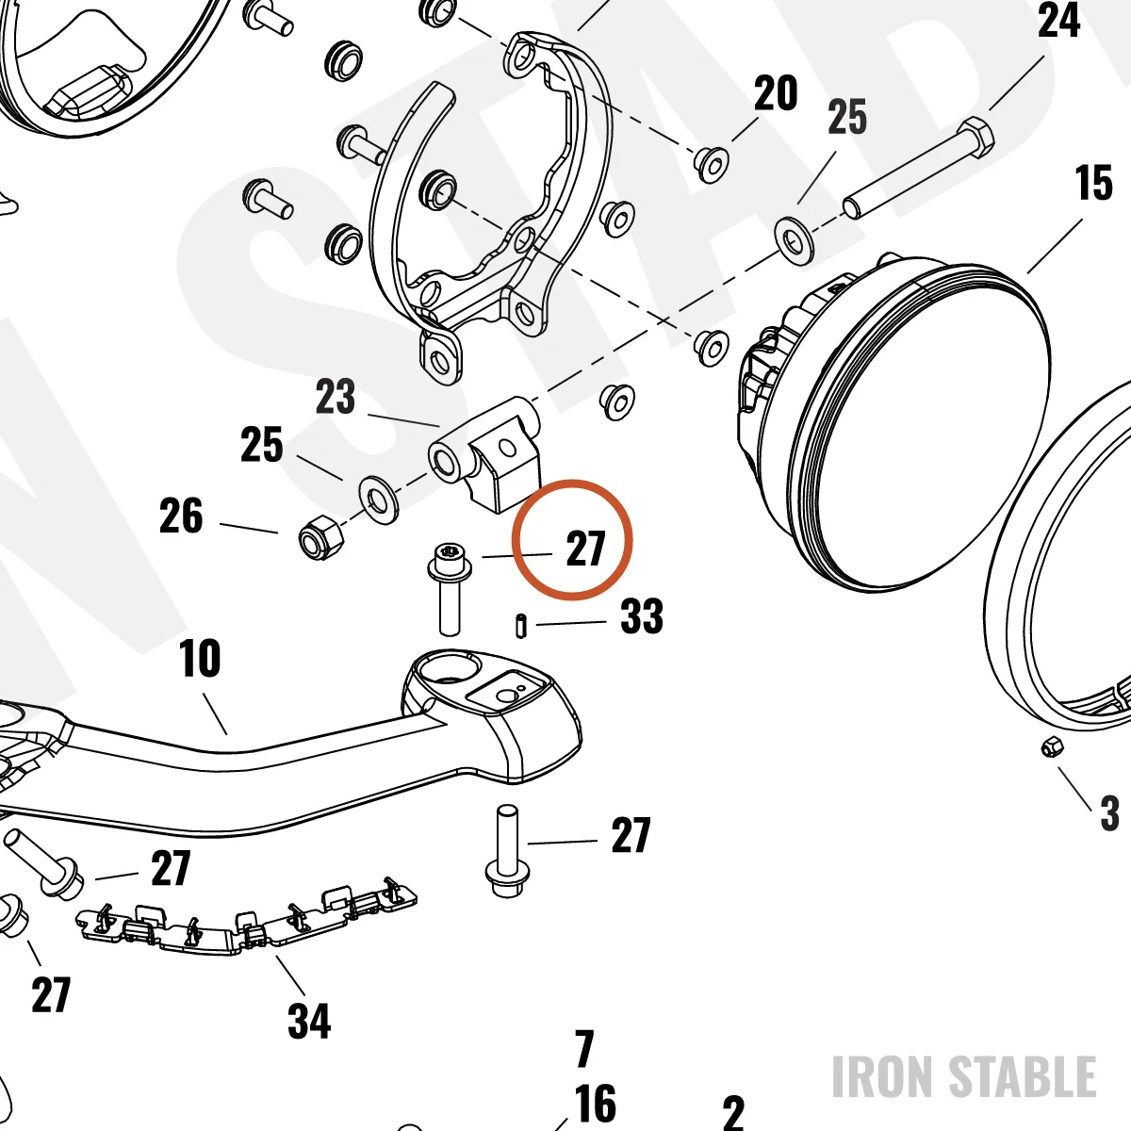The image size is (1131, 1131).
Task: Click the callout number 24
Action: (x=1058, y=21)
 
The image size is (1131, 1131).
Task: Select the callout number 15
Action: (x=1094, y=183)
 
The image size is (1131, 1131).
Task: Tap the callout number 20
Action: (x=776, y=93)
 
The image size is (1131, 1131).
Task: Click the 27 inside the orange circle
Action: (x=585, y=549)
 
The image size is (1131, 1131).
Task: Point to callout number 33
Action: (x=642, y=615)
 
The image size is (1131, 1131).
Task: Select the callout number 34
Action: (x=309, y=1021)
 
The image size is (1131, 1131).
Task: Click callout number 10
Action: (x=200, y=658)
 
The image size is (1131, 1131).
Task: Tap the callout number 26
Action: (x=181, y=516)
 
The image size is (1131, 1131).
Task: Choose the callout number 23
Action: (x=336, y=396)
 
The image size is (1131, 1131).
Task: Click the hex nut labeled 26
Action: (x=320, y=536)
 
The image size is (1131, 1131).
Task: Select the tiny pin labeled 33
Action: (x=521, y=625)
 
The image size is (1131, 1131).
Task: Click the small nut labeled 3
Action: (x=1053, y=747)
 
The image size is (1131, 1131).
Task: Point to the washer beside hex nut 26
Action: (x=377, y=500)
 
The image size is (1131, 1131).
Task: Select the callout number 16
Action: (x=595, y=1104)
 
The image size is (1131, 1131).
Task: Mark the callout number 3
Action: (x=1108, y=813)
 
